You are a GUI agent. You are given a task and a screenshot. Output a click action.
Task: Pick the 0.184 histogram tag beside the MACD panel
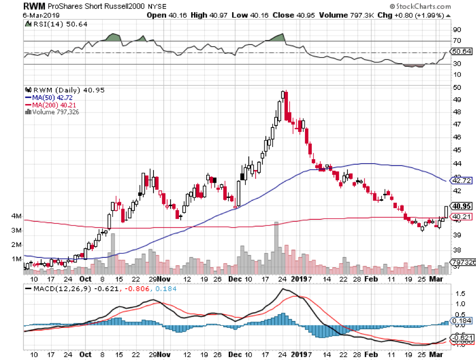coord(460,320)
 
